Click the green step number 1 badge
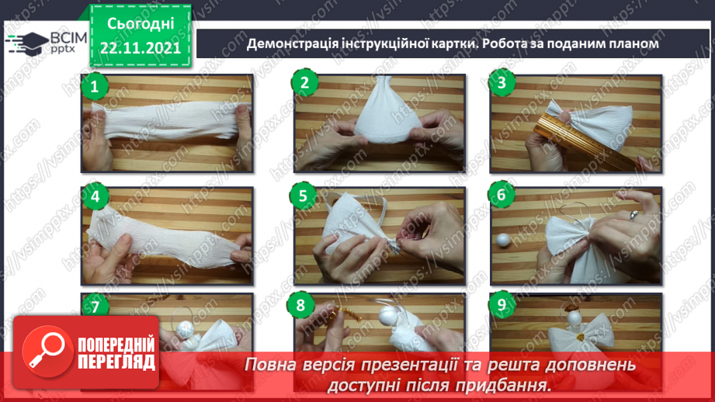tap(95, 85)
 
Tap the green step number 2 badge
tap(304, 84)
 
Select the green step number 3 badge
tap(502, 84)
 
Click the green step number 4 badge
tap(95, 196)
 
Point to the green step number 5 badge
tap(304, 195)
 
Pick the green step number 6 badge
tap(502, 195)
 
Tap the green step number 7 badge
tap(95, 307)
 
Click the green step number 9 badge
tap(502, 305)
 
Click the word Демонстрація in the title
tap(291, 44)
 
